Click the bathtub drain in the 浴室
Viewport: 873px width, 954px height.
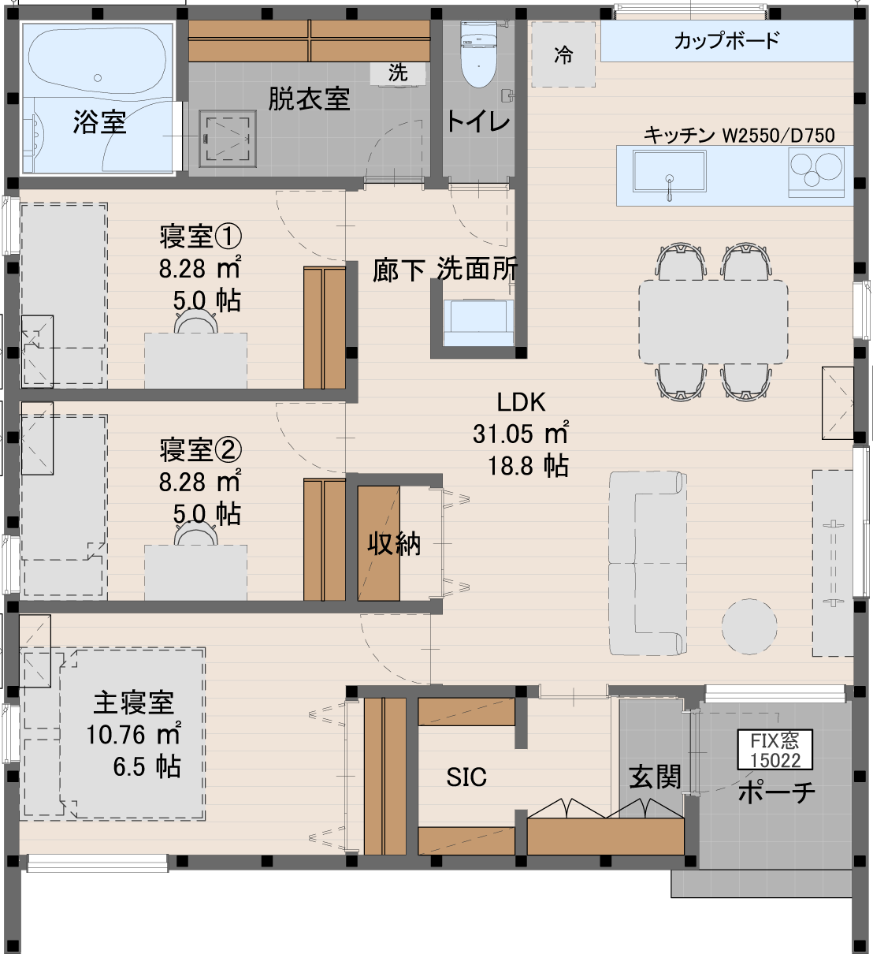(x=98, y=78)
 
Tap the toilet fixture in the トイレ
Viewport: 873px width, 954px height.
(x=478, y=54)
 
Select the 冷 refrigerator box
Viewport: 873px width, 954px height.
(x=563, y=54)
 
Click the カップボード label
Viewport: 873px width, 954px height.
(x=727, y=40)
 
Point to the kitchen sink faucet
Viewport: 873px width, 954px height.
(x=670, y=188)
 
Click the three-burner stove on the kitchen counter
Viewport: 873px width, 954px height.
(x=816, y=172)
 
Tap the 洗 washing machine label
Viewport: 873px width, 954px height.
(x=398, y=73)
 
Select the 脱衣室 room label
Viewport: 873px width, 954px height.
(x=309, y=99)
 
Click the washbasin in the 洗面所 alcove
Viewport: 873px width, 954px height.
(x=479, y=322)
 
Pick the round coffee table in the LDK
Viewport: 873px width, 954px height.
(x=749, y=626)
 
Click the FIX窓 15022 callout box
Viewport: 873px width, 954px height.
(x=775, y=750)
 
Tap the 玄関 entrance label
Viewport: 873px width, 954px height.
(x=656, y=777)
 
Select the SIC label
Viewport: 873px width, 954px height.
(x=466, y=777)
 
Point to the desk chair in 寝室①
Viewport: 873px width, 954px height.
(x=196, y=322)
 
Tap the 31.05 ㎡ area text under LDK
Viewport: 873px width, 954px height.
(x=521, y=433)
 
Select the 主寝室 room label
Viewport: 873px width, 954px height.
(x=134, y=703)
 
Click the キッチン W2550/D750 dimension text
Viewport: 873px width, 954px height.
(x=739, y=136)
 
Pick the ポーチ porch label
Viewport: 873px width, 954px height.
(x=777, y=792)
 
